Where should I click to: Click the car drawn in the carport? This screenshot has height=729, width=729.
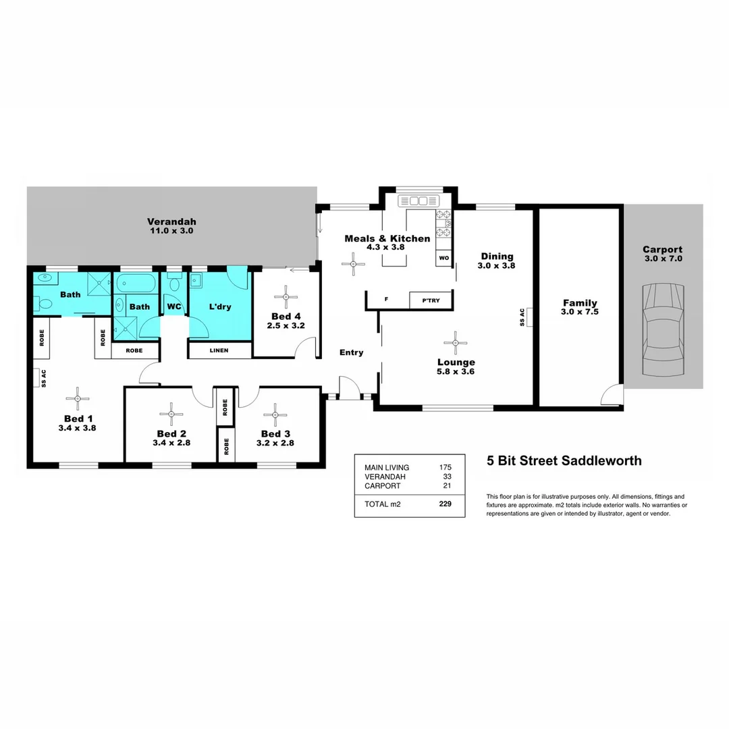coord(664,331)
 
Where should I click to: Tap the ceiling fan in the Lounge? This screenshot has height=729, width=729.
coord(456,343)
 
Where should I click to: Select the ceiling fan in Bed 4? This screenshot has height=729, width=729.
coord(286,296)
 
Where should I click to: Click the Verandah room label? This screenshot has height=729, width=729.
coord(171,221)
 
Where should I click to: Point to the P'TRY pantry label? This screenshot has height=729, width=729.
coord(430,300)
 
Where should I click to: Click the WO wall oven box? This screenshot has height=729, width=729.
coord(443,258)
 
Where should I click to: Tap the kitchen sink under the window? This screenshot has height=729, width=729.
coord(418,200)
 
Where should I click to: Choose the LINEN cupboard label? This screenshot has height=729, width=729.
coord(219,350)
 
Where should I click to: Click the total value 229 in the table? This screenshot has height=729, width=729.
coord(445,504)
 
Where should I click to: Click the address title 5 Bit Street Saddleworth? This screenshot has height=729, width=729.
coord(564,462)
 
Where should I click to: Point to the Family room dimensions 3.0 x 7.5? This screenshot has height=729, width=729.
coord(580,312)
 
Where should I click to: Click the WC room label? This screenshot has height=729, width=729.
coord(174,306)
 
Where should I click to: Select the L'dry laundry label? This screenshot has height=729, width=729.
coord(219,306)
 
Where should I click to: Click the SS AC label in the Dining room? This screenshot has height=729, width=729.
coord(522,317)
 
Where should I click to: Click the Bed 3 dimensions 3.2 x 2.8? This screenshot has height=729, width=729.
coord(275,443)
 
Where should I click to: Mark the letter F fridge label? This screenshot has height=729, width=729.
coord(386,300)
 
